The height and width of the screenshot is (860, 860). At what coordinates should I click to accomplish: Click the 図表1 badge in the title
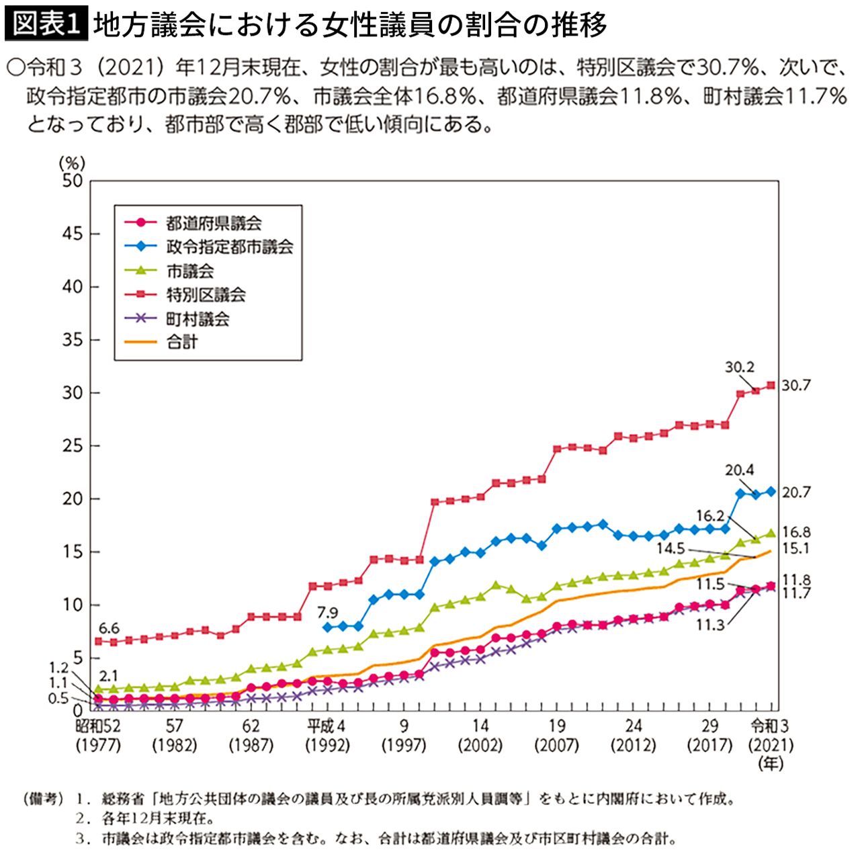(46, 25)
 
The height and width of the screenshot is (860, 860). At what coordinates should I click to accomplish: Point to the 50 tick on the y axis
(72, 181)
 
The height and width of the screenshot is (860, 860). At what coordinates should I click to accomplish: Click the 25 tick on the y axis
(72, 446)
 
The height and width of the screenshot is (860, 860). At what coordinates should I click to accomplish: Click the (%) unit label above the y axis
(71, 163)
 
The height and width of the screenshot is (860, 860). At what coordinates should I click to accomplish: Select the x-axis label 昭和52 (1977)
(98, 735)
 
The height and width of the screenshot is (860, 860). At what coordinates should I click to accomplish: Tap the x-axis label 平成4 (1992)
(327, 735)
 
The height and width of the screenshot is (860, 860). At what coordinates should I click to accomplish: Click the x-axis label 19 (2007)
(557, 735)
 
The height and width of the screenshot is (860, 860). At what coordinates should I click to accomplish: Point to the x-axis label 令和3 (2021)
(771, 735)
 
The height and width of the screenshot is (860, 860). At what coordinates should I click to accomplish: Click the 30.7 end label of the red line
(796, 386)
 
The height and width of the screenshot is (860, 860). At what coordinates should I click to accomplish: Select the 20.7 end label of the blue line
(796, 492)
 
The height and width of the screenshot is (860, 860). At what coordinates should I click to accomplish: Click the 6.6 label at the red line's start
(109, 628)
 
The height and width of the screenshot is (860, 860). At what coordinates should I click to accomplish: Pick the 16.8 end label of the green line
(797, 532)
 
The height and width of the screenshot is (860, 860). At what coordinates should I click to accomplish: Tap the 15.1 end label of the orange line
(796, 548)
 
